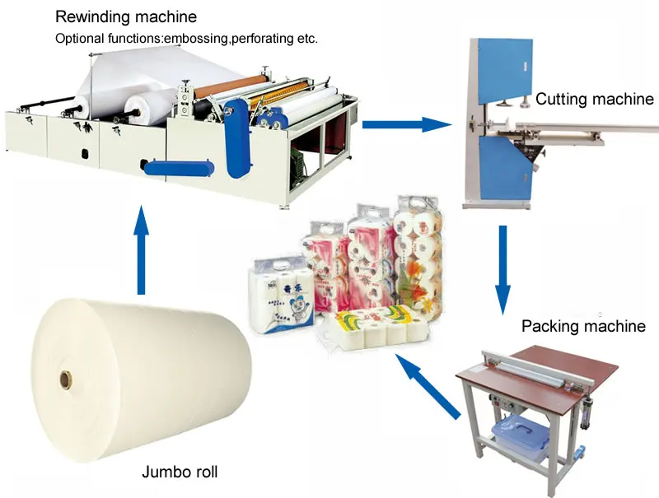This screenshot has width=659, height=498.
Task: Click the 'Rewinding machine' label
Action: coord(125,16)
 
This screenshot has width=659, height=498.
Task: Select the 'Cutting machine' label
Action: coord(594,100)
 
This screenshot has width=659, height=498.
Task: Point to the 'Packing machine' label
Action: coord(583,326)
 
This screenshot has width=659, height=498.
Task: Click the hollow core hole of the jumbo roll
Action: coord(64,381)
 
